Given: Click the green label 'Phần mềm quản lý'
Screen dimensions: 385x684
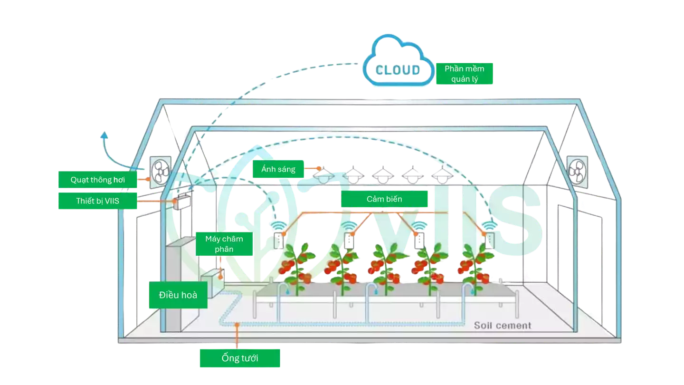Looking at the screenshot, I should click(464, 74).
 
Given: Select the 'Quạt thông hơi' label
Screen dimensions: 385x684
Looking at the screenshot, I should click(97, 180).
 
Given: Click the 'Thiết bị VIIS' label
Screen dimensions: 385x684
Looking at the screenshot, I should click(97, 201).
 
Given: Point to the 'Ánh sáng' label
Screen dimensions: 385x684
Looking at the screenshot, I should click(278, 169).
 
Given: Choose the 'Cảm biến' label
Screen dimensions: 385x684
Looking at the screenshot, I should click(384, 199).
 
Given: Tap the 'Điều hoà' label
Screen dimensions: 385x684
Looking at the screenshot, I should click(178, 295).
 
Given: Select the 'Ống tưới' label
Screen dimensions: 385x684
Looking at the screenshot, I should click(239, 358).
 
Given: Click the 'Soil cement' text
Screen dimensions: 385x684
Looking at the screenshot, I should click(502, 326).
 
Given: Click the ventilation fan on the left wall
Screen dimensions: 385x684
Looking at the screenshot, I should click(160, 170).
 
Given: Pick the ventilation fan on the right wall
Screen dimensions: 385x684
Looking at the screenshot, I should click(577, 170).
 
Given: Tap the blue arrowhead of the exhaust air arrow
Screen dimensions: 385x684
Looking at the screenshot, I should click(104, 136).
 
